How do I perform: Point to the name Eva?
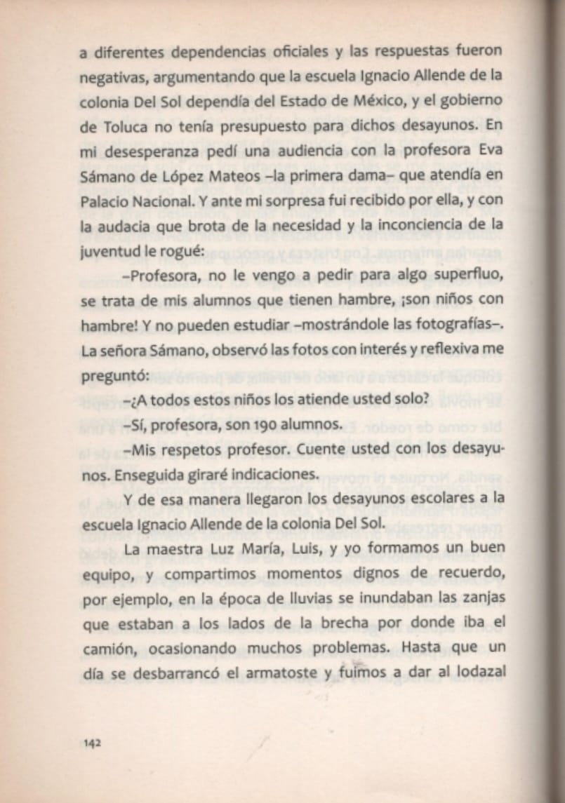489,151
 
